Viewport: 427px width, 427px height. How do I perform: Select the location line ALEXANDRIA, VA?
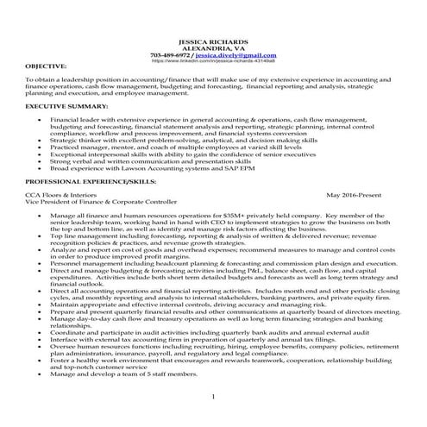pos(212,48)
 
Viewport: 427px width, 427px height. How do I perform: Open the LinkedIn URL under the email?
pos(212,61)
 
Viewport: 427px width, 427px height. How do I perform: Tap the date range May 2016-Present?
pos(353,195)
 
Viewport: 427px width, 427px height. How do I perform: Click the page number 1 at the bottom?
pos(212,395)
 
